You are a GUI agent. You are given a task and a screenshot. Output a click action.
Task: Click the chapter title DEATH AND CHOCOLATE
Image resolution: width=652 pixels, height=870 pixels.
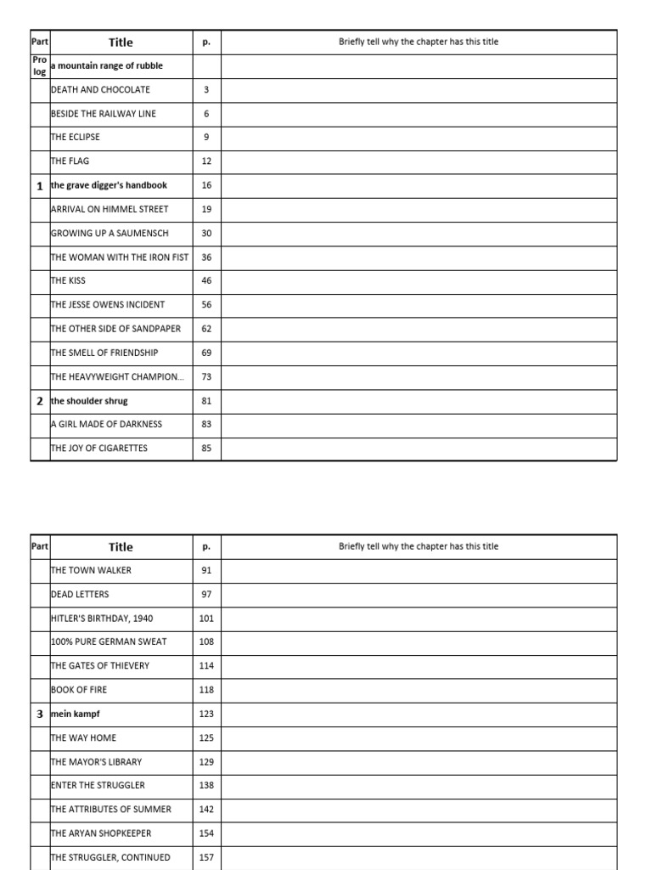100,89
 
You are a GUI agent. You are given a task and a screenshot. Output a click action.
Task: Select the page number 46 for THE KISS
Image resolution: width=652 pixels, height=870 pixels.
206,280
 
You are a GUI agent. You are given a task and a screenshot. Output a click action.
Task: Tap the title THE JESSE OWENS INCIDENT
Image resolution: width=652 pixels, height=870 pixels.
108,304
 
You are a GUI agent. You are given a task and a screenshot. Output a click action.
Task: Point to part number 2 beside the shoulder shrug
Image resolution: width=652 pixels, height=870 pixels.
40,400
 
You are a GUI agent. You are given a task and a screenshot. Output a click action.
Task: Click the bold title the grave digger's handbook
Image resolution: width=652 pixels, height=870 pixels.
109,185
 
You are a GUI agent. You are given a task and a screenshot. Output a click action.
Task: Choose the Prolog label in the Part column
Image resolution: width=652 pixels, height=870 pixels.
40,66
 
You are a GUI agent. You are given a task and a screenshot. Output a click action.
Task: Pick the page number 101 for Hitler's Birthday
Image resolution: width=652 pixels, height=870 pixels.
206,619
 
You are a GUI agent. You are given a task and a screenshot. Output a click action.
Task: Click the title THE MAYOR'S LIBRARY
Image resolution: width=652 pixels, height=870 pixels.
97,762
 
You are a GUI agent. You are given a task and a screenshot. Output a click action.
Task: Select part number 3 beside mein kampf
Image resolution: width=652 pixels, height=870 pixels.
40,715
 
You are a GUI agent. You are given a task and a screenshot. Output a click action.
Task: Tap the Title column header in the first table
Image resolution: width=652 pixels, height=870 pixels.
121,42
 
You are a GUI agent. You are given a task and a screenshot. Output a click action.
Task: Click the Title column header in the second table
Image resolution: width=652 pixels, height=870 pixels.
121,547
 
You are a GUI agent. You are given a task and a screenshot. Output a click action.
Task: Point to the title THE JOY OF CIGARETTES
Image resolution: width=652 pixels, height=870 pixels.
99,448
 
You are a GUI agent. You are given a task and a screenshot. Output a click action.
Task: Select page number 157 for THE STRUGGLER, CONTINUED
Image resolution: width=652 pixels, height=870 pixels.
206,857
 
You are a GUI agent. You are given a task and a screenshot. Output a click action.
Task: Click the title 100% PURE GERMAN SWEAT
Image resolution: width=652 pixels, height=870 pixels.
109,642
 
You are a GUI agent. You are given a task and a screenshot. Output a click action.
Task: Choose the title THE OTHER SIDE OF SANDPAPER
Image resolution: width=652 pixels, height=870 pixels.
115,329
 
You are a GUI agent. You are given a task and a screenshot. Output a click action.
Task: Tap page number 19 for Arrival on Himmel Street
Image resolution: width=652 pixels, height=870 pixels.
206,209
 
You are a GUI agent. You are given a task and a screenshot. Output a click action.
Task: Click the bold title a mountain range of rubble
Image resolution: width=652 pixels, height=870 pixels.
107,65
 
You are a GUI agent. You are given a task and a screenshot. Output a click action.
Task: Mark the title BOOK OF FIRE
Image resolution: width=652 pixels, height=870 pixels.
79,690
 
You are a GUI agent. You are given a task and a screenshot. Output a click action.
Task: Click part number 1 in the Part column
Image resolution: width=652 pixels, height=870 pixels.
40,185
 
